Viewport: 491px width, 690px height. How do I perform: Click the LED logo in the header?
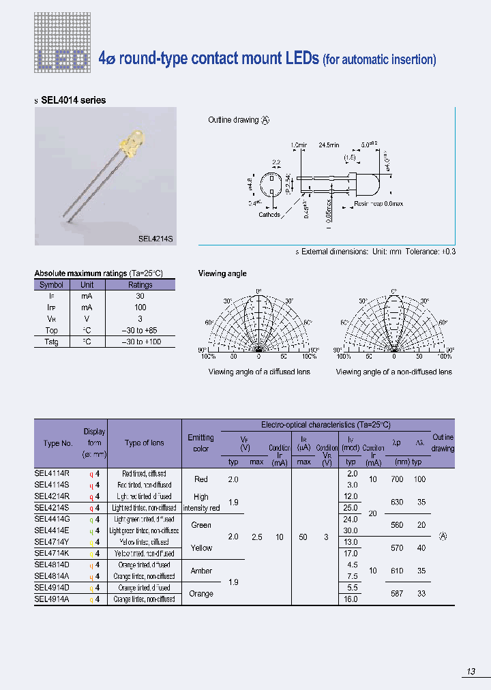(x=62, y=61)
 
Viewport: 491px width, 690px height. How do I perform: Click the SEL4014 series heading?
(x=73, y=100)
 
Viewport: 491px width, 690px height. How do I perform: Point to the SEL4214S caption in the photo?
(x=155, y=239)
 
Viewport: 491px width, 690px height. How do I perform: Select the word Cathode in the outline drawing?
(x=269, y=215)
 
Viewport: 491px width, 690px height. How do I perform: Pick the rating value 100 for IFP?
(x=140, y=307)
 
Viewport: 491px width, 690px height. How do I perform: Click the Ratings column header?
(x=140, y=285)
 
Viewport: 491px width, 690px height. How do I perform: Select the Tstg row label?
(x=51, y=341)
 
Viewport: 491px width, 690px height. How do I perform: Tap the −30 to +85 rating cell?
(x=140, y=330)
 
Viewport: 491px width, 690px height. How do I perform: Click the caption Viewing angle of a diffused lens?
(x=258, y=372)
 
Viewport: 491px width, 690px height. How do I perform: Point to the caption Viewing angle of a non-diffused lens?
(x=393, y=372)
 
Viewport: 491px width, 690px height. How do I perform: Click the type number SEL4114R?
(x=51, y=473)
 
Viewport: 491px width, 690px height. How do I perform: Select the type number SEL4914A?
(x=51, y=599)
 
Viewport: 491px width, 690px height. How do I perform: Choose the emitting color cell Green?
(x=201, y=525)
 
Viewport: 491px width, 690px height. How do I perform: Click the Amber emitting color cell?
(x=201, y=571)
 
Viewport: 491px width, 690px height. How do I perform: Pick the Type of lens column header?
(x=144, y=443)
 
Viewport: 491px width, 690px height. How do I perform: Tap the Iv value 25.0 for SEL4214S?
(x=352, y=508)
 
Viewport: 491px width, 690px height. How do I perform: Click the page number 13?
(x=471, y=672)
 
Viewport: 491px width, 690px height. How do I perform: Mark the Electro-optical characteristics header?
(x=325, y=425)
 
